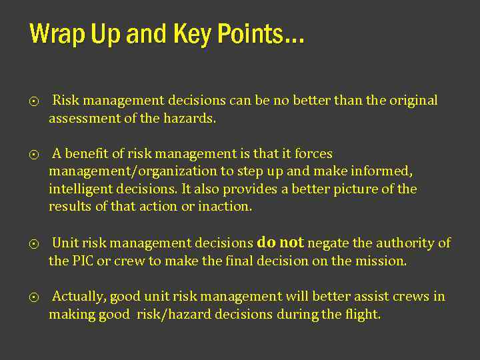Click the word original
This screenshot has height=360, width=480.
[412, 101]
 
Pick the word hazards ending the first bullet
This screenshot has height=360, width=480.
[192, 119]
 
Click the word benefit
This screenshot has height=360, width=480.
[87, 154]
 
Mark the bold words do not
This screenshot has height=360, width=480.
[280, 242]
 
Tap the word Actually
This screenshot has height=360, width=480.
[79, 297]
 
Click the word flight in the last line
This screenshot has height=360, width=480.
[363, 314]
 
